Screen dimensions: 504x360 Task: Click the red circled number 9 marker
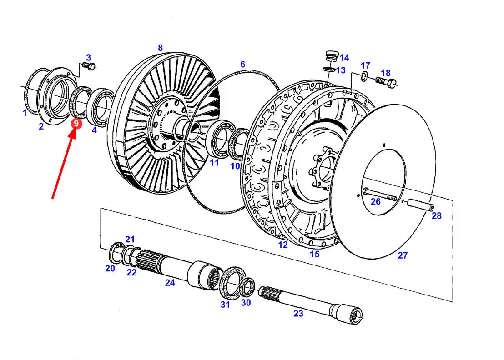click(76, 124)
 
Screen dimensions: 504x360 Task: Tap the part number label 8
click(161, 48)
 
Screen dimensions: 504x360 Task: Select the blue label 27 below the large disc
click(403, 255)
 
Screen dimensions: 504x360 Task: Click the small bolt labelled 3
click(88, 66)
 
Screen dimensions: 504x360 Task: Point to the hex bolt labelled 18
click(386, 82)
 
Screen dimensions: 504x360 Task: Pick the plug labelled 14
click(331, 55)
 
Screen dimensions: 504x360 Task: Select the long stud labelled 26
click(380, 194)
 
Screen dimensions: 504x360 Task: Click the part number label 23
click(298, 314)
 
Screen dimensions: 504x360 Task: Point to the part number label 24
click(170, 283)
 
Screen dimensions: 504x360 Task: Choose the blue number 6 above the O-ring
click(243, 64)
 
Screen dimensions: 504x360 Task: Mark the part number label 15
click(314, 255)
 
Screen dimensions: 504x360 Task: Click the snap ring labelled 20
click(116, 253)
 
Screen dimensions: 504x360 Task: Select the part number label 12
click(283, 245)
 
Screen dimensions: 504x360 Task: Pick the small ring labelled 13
click(328, 69)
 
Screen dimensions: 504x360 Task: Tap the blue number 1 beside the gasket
click(25, 113)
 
